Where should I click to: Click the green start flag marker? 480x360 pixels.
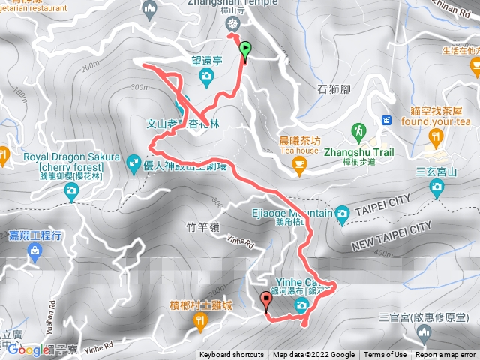click(x=245, y=50)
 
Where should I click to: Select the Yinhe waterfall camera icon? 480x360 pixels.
click(x=301, y=304)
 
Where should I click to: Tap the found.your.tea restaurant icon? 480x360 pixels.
click(x=434, y=136)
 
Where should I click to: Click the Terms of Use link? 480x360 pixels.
click(x=385, y=355)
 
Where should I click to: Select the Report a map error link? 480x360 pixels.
click(x=446, y=355)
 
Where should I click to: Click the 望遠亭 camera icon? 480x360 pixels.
click(x=205, y=76)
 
